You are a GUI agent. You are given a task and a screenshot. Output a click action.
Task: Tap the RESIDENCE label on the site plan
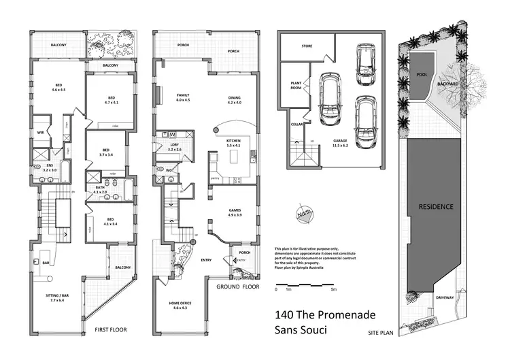coord(436,206)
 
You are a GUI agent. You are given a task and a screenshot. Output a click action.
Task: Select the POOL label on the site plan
coord(422,76)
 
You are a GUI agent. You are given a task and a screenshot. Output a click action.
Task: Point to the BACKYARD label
coord(448,84)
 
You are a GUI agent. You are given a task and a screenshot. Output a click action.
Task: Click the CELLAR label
coord(296,125)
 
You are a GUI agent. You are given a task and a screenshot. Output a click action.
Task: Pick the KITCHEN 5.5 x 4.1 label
coord(234,144)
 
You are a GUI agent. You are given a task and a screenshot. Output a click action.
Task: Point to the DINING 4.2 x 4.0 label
coord(234,100)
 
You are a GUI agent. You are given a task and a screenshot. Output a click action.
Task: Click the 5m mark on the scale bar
coord(333,290)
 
